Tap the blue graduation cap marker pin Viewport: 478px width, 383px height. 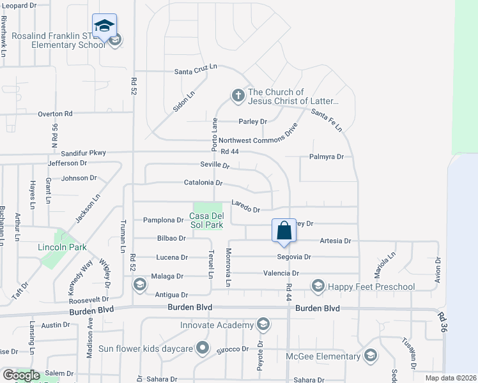[104, 26]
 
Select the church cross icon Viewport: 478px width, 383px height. [238, 96]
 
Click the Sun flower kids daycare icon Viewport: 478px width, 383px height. [203, 349]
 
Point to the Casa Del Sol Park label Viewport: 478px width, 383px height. [207, 220]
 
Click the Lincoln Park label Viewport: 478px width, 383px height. [61, 247]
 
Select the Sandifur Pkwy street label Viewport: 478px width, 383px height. [83, 153]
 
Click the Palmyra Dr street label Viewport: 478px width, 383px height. [327, 156]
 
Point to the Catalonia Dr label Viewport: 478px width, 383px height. [203, 183]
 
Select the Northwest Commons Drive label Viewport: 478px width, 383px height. [258, 140]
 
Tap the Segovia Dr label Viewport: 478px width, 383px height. [294, 257]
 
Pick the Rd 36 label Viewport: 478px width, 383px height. [442, 322]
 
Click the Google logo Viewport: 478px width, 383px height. [21, 375]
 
